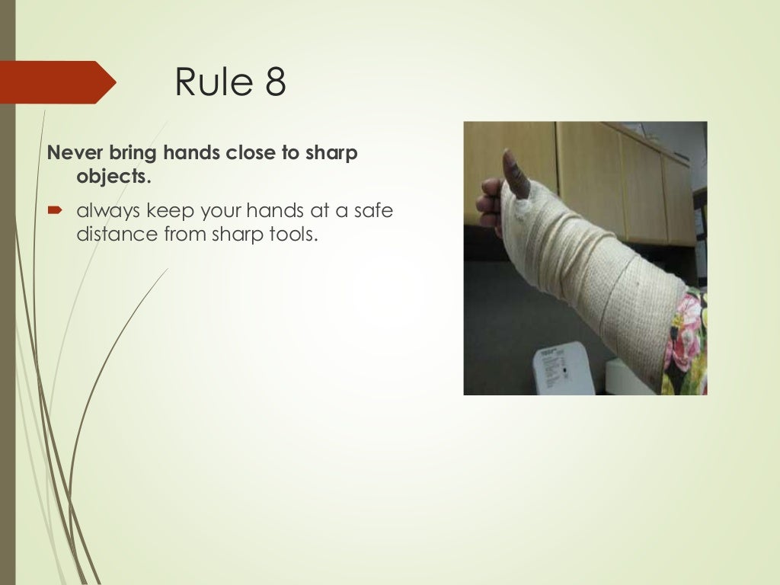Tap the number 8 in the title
(x=275, y=82)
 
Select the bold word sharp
(x=331, y=153)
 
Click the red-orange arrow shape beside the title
(x=57, y=82)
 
